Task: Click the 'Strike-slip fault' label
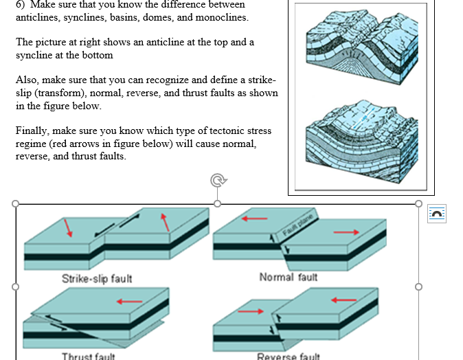(97, 278)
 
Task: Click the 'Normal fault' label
(288, 277)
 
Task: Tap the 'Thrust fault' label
(89, 356)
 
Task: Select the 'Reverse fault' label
(288, 356)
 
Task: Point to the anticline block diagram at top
(360, 48)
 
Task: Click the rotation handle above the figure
(218, 181)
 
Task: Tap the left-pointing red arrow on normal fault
(253, 219)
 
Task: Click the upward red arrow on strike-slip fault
(165, 223)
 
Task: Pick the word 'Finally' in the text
(32, 131)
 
